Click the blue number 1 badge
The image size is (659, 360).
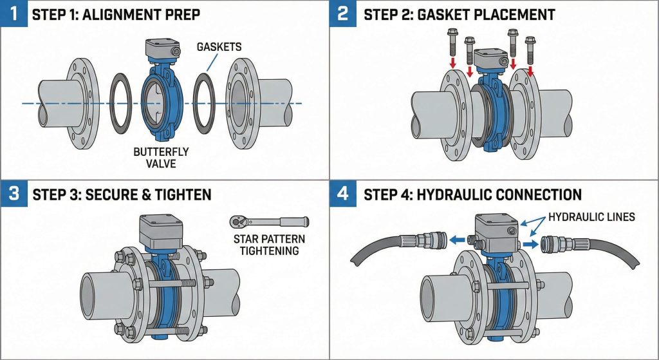[14, 13]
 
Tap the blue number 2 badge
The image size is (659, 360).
[343, 13]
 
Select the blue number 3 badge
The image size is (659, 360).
[14, 193]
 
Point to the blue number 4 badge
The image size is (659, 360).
[343, 193]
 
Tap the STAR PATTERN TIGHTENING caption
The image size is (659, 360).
[269, 245]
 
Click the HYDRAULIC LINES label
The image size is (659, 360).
[593, 217]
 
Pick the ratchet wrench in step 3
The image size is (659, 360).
[268, 222]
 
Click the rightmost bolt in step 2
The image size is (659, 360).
[530, 48]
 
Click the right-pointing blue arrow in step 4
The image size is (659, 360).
[528, 244]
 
